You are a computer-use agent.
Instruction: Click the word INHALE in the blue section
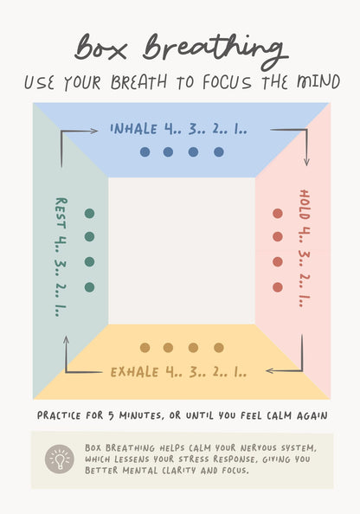tap(134, 129)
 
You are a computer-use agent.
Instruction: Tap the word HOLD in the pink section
tap(305, 204)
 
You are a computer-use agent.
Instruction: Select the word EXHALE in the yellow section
tap(134, 372)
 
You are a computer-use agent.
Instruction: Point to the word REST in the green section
tap(61, 213)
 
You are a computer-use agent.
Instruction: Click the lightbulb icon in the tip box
tap(60, 459)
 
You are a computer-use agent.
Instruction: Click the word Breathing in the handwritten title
tap(215, 50)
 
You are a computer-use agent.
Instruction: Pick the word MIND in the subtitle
tap(318, 82)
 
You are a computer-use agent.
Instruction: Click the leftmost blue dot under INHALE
tap(145, 152)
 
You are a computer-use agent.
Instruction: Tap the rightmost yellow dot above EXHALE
tap(219, 348)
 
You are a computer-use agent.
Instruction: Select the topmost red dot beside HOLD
tap(278, 214)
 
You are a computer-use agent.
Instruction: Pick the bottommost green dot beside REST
tap(89, 287)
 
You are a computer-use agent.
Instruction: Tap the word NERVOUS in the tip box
tap(261, 447)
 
